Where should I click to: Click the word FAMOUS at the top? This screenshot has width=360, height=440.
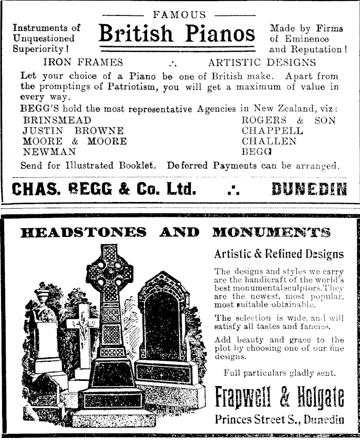point(179,15)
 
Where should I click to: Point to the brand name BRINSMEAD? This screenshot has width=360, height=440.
point(50,120)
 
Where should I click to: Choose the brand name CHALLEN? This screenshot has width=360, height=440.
point(269,141)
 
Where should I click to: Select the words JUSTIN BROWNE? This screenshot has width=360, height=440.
point(73,131)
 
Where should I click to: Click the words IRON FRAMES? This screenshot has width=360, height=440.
point(83,63)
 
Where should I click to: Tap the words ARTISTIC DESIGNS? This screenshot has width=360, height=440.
point(262,63)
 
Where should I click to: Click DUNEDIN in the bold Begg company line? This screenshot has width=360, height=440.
point(309,190)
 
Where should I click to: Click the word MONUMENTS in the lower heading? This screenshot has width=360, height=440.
point(271,232)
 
